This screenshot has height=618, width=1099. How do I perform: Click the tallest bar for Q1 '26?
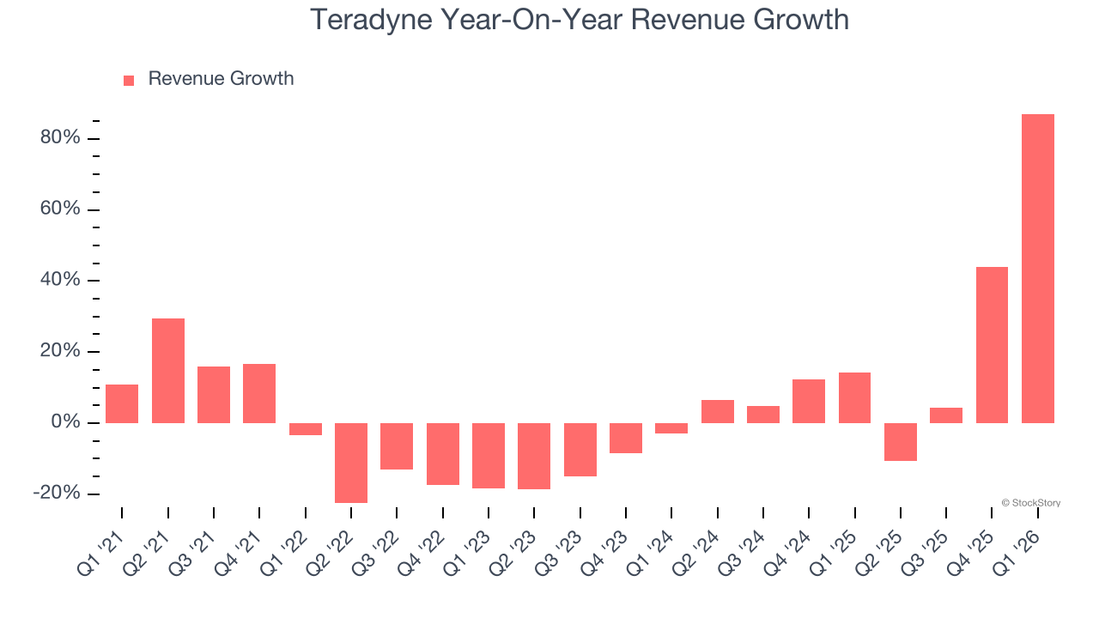pos(1037,268)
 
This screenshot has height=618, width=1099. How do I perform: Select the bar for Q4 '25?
pos(992,344)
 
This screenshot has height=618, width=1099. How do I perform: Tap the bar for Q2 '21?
pos(168,370)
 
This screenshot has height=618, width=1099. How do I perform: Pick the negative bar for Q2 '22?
pos(351,463)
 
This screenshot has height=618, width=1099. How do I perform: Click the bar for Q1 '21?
pos(122,403)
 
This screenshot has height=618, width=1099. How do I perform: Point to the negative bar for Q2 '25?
pos(901,441)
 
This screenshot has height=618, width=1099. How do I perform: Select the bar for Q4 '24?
pos(809,401)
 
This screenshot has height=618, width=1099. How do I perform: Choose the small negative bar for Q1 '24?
pos(671,427)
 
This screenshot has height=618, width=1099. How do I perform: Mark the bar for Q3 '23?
pos(580,449)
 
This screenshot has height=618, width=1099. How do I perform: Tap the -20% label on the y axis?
pos(57,494)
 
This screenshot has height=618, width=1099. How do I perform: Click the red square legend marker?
pos(129,80)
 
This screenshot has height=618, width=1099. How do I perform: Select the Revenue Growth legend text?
pos(221,79)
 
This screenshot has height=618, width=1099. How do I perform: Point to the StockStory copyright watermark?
pos(1030,503)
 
